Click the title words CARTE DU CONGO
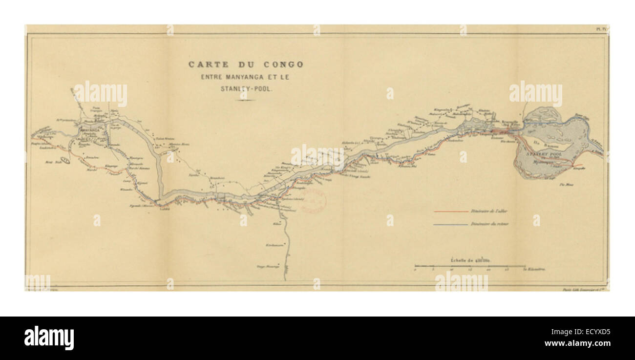pyautogui.click(x=246, y=64)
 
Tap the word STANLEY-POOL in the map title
pyautogui.click(x=246, y=89)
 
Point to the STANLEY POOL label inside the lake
pyautogui.click(x=544, y=153)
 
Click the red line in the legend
pyautogui.click(x=450, y=212)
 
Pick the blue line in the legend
pyautogui.click(x=450, y=225)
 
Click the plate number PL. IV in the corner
pyautogui.click(x=601, y=29)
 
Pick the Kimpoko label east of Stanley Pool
pyautogui.click(x=578, y=169)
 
